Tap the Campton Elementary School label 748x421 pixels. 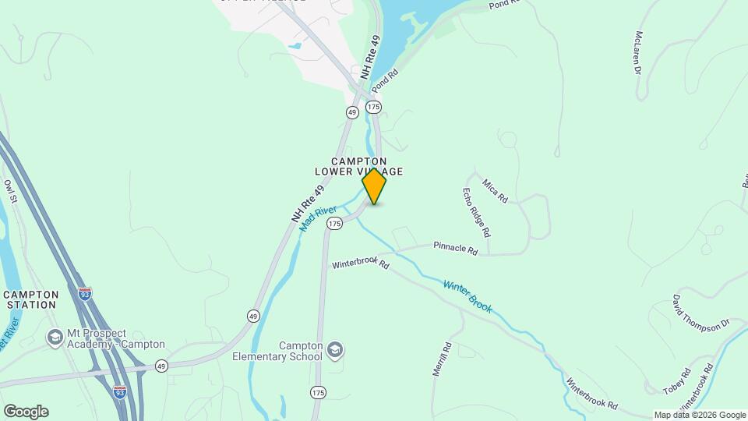pos(277,351)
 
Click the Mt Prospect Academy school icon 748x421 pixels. pos(55,338)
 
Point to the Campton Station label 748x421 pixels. pos(30,299)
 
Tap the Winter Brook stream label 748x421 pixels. pos(467,296)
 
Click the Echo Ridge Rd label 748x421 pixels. pos(476,212)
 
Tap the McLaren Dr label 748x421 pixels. pos(637,53)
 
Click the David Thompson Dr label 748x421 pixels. pos(700,313)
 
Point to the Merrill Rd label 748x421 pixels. pos(442,359)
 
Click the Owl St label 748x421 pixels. pos(10,192)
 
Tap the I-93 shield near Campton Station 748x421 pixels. pos(86,294)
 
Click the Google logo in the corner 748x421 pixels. pos(26,412)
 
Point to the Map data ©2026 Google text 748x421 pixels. pos(699,415)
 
